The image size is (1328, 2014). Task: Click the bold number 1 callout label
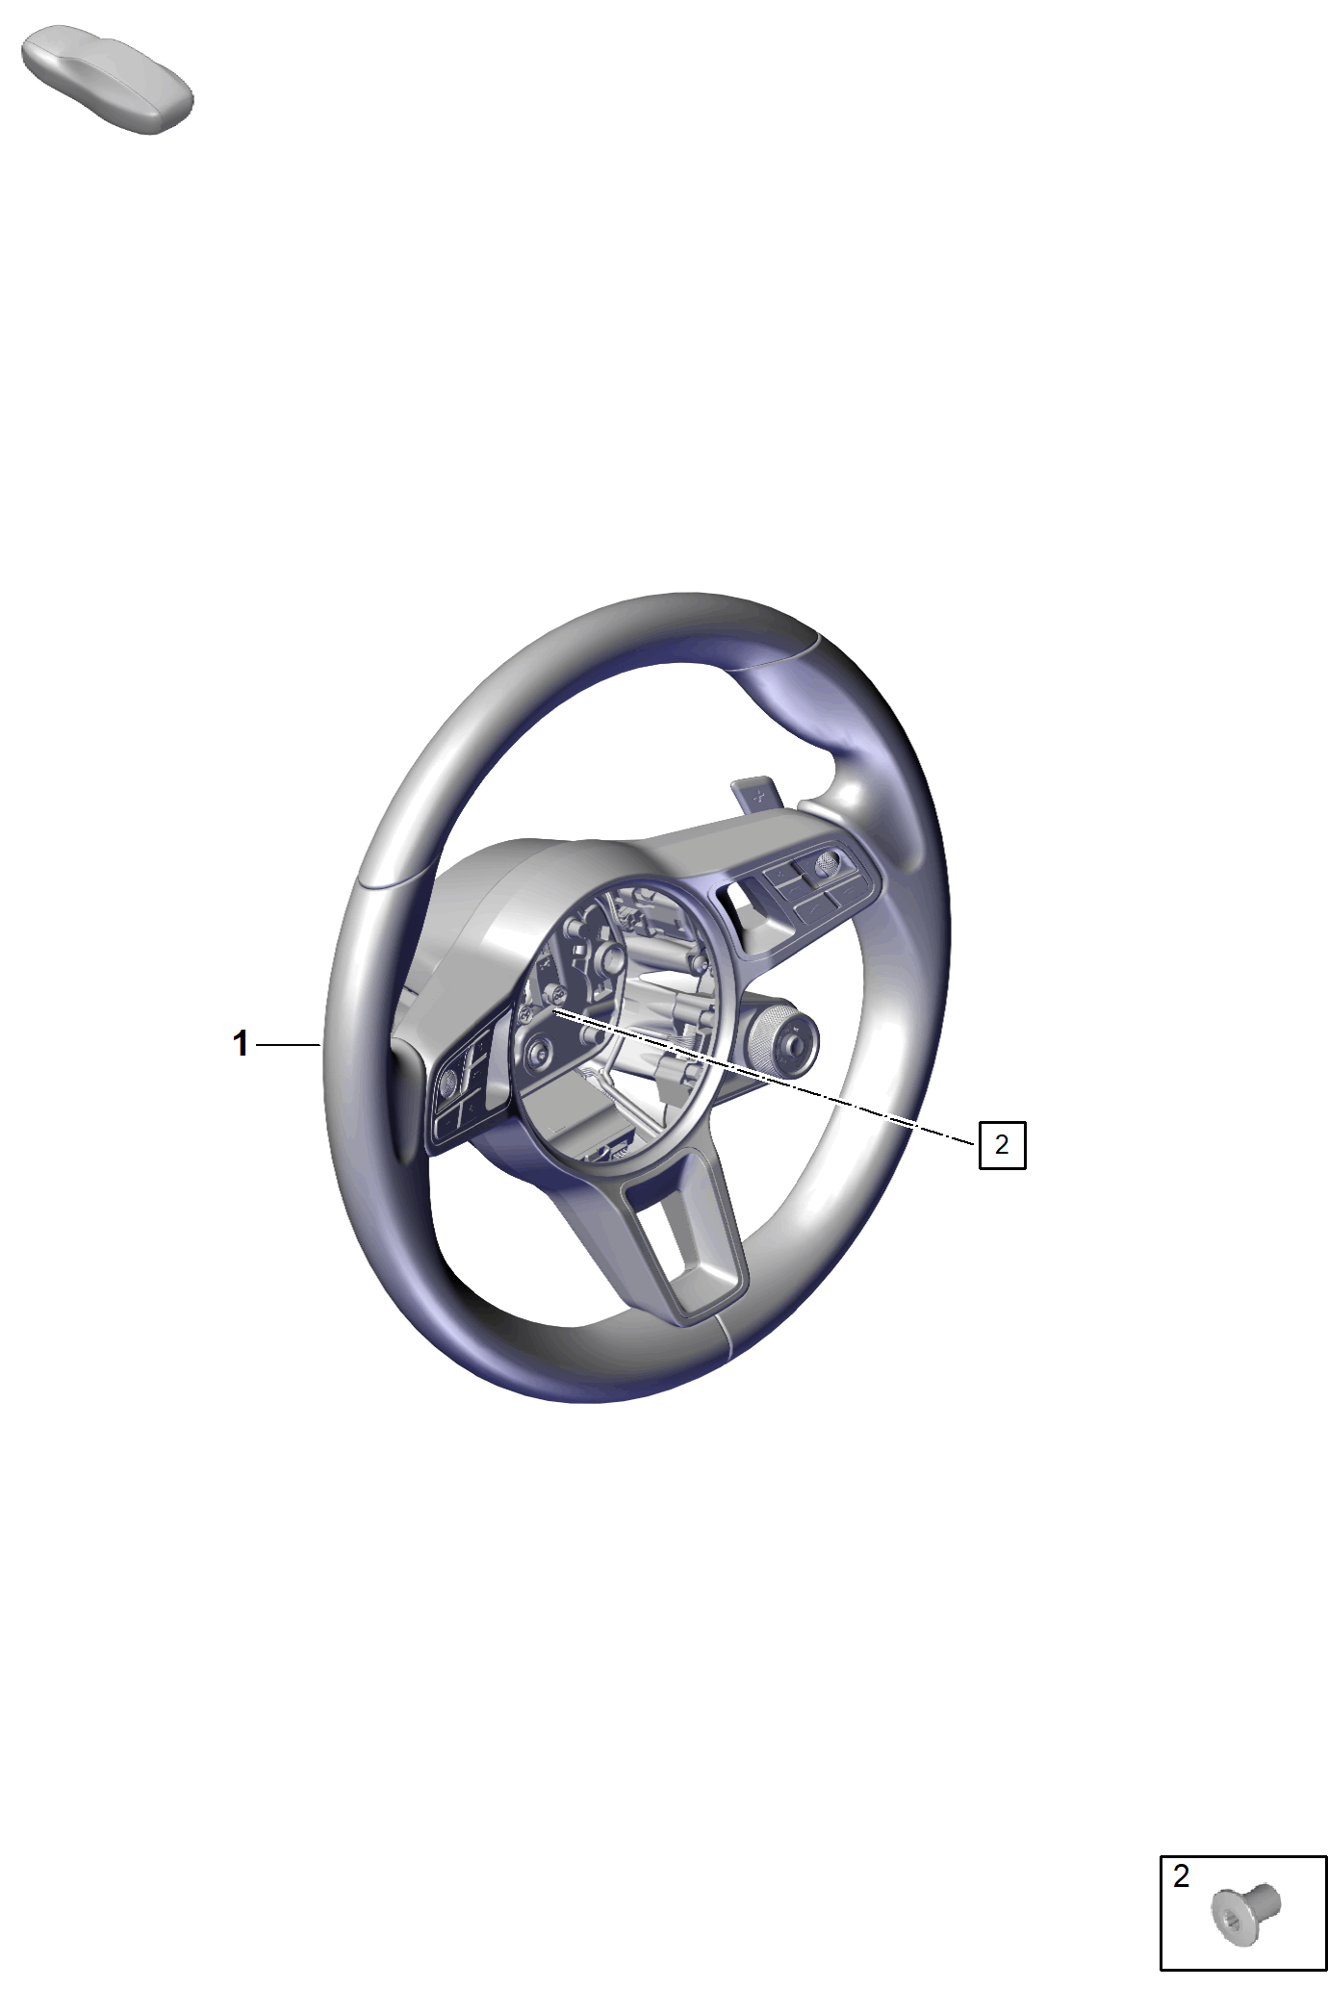(x=241, y=1043)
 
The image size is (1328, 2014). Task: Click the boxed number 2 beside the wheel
(x=1002, y=1144)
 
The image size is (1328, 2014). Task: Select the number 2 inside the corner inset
(x=1182, y=1875)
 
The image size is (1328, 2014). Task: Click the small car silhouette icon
(x=107, y=81)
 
